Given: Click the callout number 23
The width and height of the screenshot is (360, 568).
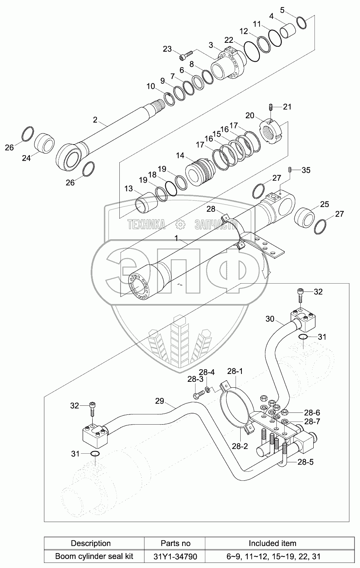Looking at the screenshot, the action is pos(167,49).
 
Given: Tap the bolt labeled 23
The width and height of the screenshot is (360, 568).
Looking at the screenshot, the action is pos(186,55).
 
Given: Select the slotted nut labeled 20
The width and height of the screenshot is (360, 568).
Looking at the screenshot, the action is pos(271,132).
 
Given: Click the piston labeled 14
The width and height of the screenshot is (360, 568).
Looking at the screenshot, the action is pos(201,172).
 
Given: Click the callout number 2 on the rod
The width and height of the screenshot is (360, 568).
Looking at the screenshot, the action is pos(95,120).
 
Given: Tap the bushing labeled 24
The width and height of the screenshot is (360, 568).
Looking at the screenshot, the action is pos(45,143).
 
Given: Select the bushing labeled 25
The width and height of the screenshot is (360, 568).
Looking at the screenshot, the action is pos(305,217).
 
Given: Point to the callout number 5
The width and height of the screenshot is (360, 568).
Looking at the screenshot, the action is pos(282,10).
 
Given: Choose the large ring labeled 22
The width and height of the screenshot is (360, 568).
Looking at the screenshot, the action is pos(252,51).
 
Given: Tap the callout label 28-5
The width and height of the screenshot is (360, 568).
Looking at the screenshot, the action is pos(305,462).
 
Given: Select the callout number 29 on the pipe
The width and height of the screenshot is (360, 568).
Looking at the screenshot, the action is pos(160,401).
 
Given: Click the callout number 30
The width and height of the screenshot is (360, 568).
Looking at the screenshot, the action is pos(270,319).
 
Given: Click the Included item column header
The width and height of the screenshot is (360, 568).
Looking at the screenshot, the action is pos(272,543).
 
